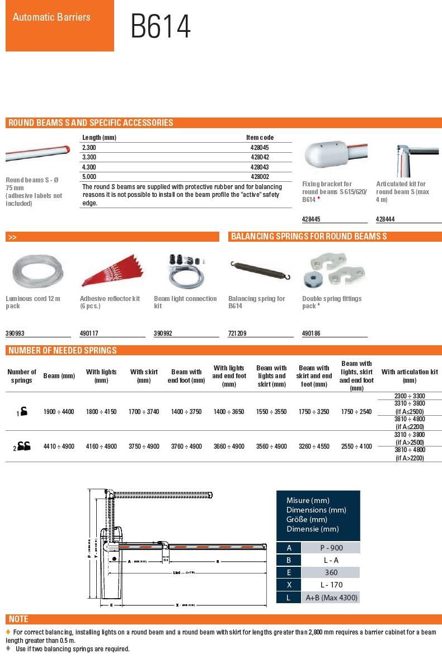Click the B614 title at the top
[161, 26]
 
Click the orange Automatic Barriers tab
[59, 26]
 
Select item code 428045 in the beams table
[260, 147]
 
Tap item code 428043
[260, 167]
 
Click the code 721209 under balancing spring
[237, 333]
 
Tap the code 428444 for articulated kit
[385, 219]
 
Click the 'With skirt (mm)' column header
[144, 376]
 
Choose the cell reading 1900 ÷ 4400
[59, 411]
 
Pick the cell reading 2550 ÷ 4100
[356, 446]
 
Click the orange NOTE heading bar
[223, 619]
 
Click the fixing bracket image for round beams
[335, 156]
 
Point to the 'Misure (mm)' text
[308, 500]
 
